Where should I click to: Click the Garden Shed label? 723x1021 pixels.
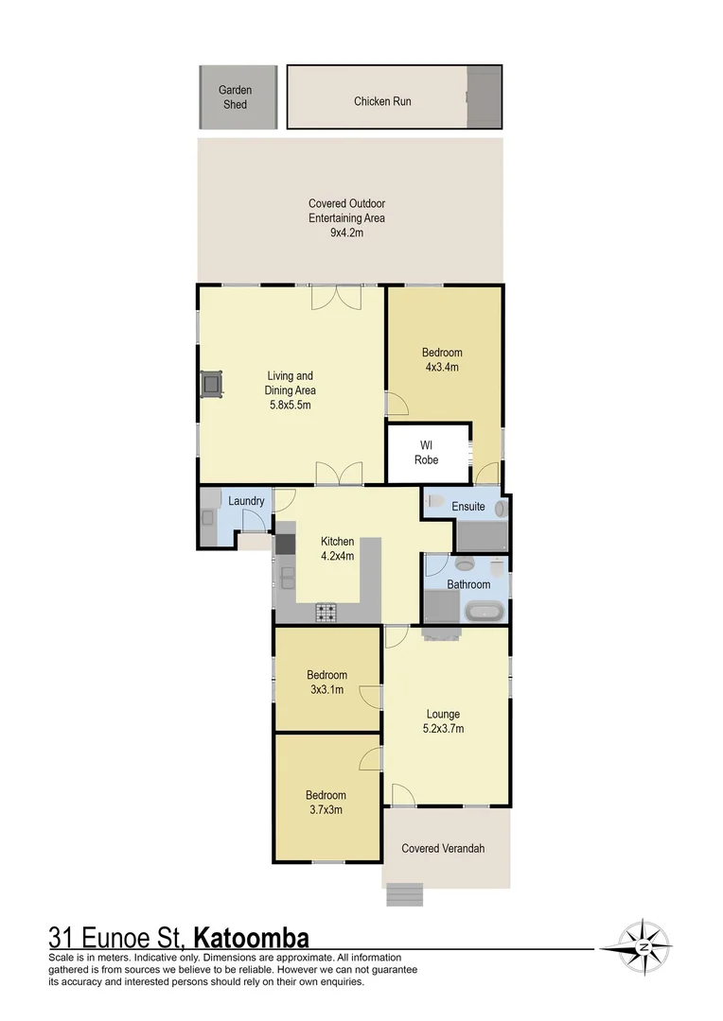coord(235,97)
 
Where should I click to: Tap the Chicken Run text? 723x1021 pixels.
coord(382,101)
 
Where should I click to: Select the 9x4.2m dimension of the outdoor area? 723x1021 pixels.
coord(346,233)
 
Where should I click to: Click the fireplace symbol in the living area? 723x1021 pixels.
coord(212,384)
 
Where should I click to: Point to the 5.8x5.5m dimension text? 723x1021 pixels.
coord(291,405)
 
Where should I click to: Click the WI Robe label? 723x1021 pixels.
coord(426,453)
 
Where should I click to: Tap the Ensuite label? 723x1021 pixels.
coord(467,507)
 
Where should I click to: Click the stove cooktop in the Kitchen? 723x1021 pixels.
coord(326,614)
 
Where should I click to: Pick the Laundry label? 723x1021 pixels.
coord(246,501)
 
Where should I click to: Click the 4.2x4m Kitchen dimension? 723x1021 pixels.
coord(337,556)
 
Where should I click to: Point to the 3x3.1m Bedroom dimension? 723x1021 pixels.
coord(326,690)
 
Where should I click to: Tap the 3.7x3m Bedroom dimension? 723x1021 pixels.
coord(325,810)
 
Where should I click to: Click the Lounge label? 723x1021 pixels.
coord(442,714)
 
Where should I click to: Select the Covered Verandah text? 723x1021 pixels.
coord(443,848)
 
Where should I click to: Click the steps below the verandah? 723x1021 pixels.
coord(404,893)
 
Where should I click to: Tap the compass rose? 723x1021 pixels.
coord(644,946)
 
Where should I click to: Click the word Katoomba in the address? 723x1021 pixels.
coord(251,939)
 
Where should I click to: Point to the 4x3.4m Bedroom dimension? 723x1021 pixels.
coord(441,368)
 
